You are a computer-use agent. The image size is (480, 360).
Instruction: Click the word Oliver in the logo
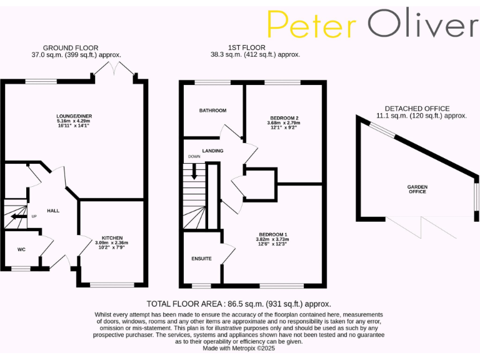tap(422, 25)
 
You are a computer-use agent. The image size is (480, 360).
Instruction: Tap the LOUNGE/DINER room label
tap(74, 116)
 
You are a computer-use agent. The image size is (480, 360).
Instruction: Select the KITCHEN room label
tap(112, 237)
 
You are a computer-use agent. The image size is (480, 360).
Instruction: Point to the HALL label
tap(53, 211)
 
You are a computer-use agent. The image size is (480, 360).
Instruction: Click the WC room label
tap(21, 249)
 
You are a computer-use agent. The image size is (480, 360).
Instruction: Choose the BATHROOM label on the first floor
tap(212, 111)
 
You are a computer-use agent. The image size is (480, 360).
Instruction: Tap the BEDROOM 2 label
tap(284, 117)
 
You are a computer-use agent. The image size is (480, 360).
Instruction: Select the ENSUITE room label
tap(202, 258)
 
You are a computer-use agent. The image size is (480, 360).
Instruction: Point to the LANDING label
tap(212, 151)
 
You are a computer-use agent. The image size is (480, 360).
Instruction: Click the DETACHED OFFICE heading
tap(417, 108)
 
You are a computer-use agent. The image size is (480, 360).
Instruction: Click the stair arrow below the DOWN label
tap(194, 172)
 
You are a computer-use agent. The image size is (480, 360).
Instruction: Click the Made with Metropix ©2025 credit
tap(240, 348)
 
